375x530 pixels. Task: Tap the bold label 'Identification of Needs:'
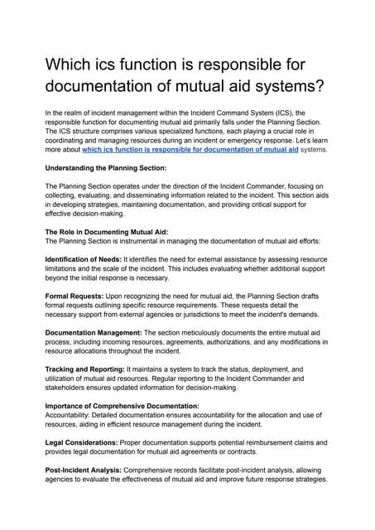click(x=80, y=260)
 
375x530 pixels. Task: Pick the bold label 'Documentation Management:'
click(x=93, y=352)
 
